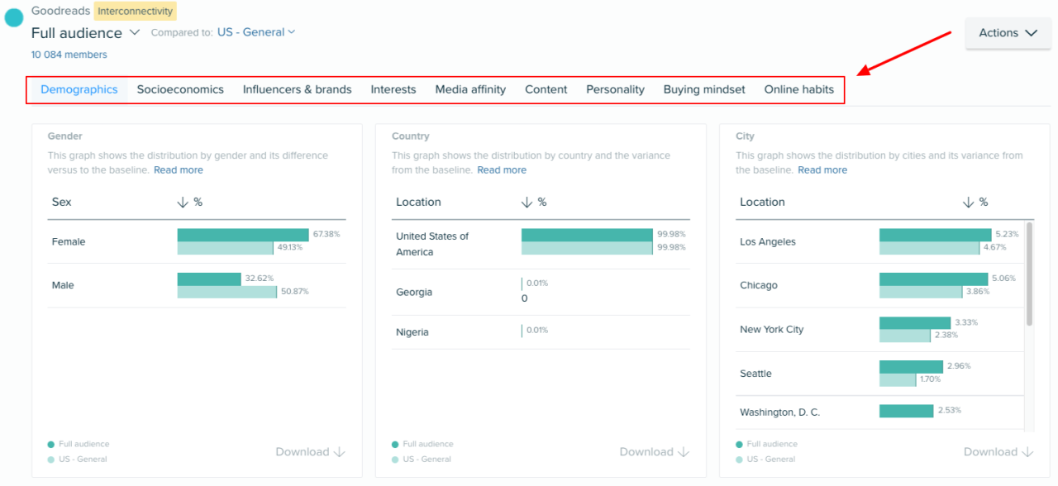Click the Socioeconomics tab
tap(180, 89)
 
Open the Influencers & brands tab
tap(297, 89)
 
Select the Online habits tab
tap(798, 89)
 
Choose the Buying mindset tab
tap(704, 89)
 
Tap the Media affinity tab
tap(470, 89)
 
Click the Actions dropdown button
tap(1008, 33)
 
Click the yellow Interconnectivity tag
tap(136, 12)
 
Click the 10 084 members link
tap(69, 55)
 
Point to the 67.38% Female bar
tap(243, 235)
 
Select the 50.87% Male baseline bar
tap(226, 292)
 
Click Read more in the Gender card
tap(178, 169)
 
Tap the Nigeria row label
tap(412, 332)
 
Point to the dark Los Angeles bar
tap(935, 235)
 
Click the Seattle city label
tap(755, 374)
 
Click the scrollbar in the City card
tap(1029, 273)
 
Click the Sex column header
tap(62, 202)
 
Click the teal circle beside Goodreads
tap(14, 18)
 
